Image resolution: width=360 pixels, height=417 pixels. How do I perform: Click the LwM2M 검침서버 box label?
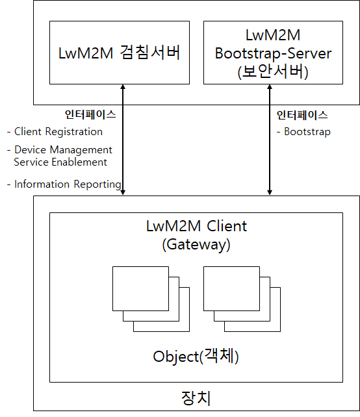(119, 53)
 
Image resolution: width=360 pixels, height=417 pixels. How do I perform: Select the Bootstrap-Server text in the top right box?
(273, 53)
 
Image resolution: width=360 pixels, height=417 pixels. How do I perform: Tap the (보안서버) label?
(273, 71)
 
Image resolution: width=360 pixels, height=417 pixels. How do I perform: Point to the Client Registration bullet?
(55, 132)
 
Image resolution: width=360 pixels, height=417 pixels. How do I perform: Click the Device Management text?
(60, 150)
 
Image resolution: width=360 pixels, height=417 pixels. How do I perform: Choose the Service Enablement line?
(60, 162)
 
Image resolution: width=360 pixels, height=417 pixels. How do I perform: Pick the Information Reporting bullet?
(64, 184)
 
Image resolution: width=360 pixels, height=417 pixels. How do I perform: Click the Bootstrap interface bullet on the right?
(303, 132)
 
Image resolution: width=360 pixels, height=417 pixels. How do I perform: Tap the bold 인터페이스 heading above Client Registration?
(90, 114)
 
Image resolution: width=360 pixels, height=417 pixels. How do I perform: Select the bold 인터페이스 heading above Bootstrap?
(302, 115)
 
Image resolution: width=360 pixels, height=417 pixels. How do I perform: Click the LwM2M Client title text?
(197, 226)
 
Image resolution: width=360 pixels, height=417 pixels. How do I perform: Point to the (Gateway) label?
(196, 244)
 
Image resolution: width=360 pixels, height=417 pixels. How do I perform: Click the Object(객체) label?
(196, 356)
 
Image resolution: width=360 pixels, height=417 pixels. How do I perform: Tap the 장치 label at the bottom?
(196, 398)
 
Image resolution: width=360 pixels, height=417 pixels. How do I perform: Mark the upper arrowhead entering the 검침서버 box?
(123, 86)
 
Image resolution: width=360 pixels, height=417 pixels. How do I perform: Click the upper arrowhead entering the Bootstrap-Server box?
(270, 86)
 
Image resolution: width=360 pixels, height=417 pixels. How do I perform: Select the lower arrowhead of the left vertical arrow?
(123, 192)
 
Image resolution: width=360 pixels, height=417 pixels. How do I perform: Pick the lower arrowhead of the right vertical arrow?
(270, 192)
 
